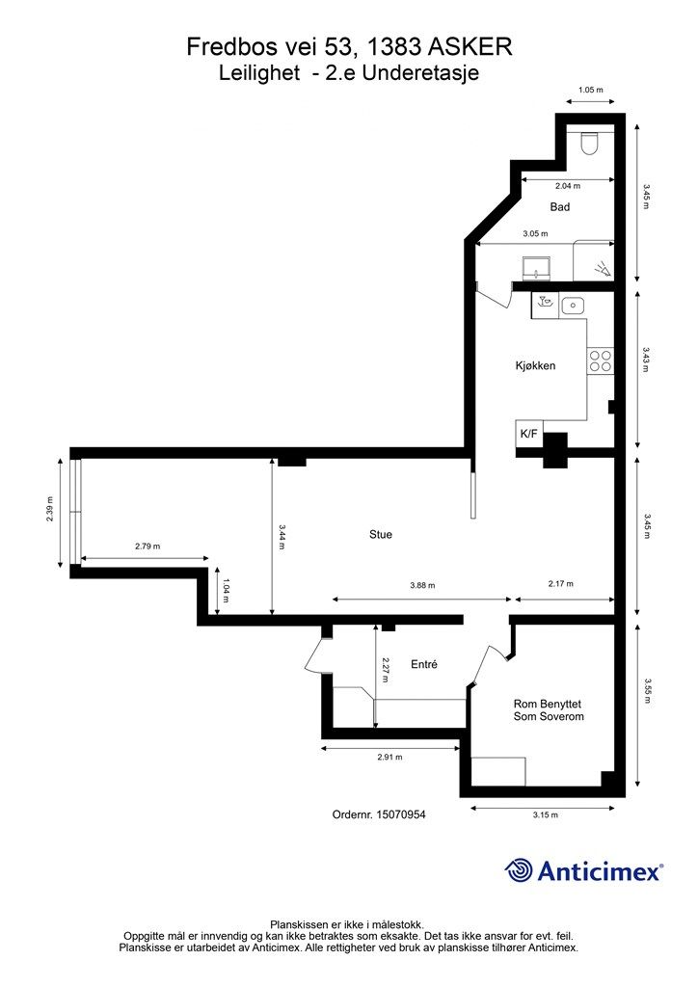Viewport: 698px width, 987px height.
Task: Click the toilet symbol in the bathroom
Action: coord(589,144)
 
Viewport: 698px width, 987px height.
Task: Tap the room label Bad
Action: coord(559,206)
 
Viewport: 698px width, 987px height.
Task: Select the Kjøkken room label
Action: coord(536,365)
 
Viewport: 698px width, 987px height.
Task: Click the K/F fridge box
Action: coord(528,434)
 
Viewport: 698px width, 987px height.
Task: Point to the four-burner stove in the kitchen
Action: coord(600,360)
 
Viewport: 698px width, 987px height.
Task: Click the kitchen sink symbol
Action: coord(572,306)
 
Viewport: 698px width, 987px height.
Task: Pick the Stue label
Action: coord(380,534)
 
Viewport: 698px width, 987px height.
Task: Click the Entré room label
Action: coord(423,664)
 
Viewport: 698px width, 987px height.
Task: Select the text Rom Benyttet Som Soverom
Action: coord(549,710)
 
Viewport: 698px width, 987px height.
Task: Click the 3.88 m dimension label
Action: coord(422,585)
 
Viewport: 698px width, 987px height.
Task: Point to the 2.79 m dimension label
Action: coord(148,547)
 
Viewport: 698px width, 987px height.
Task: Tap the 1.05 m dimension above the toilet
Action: coord(590,90)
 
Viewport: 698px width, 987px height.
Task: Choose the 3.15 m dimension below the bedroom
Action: coord(545,814)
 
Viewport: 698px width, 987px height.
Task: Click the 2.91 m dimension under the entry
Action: coord(389,758)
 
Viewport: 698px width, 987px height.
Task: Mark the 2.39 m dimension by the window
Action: coord(50,509)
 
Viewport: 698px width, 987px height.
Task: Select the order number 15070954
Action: coord(401,814)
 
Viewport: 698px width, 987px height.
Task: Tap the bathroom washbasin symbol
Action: coord(537,268)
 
